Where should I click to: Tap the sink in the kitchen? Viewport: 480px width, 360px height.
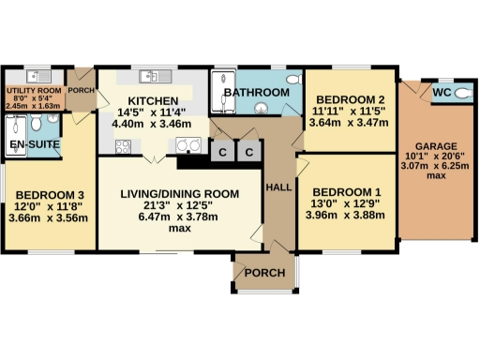click(151, 77)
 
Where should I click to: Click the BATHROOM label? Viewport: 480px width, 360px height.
click(262, 93)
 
